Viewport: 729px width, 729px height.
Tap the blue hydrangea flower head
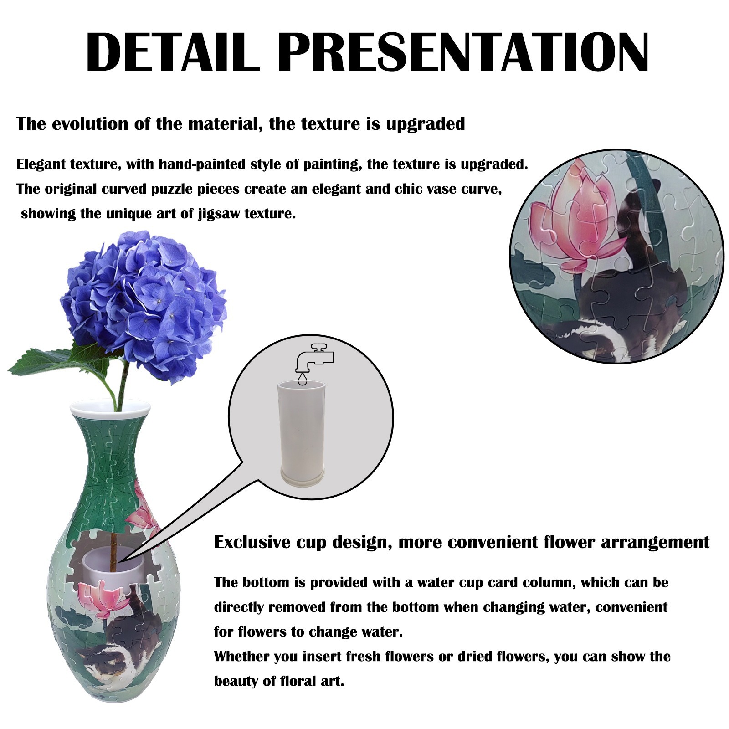click(144, 306)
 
